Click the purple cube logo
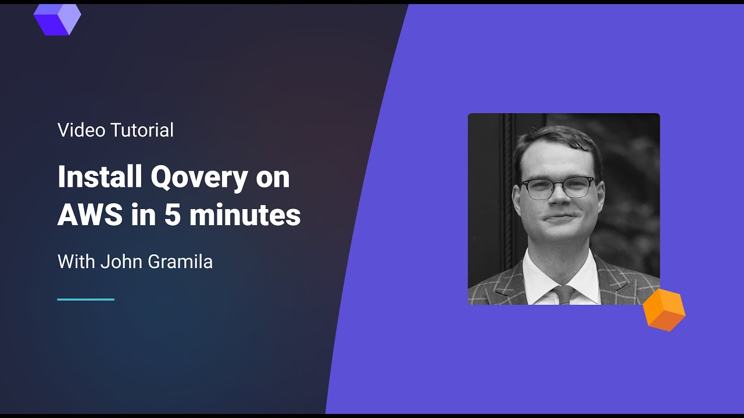pos(57,19)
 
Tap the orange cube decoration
pos(664,310)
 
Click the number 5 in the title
pos(173,215)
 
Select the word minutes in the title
pos(245,215)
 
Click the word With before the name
pos(76,262)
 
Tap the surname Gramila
pos(180,262)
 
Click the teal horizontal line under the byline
pos(85,300)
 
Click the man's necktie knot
pos(563,291)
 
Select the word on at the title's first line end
pos(273,177)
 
